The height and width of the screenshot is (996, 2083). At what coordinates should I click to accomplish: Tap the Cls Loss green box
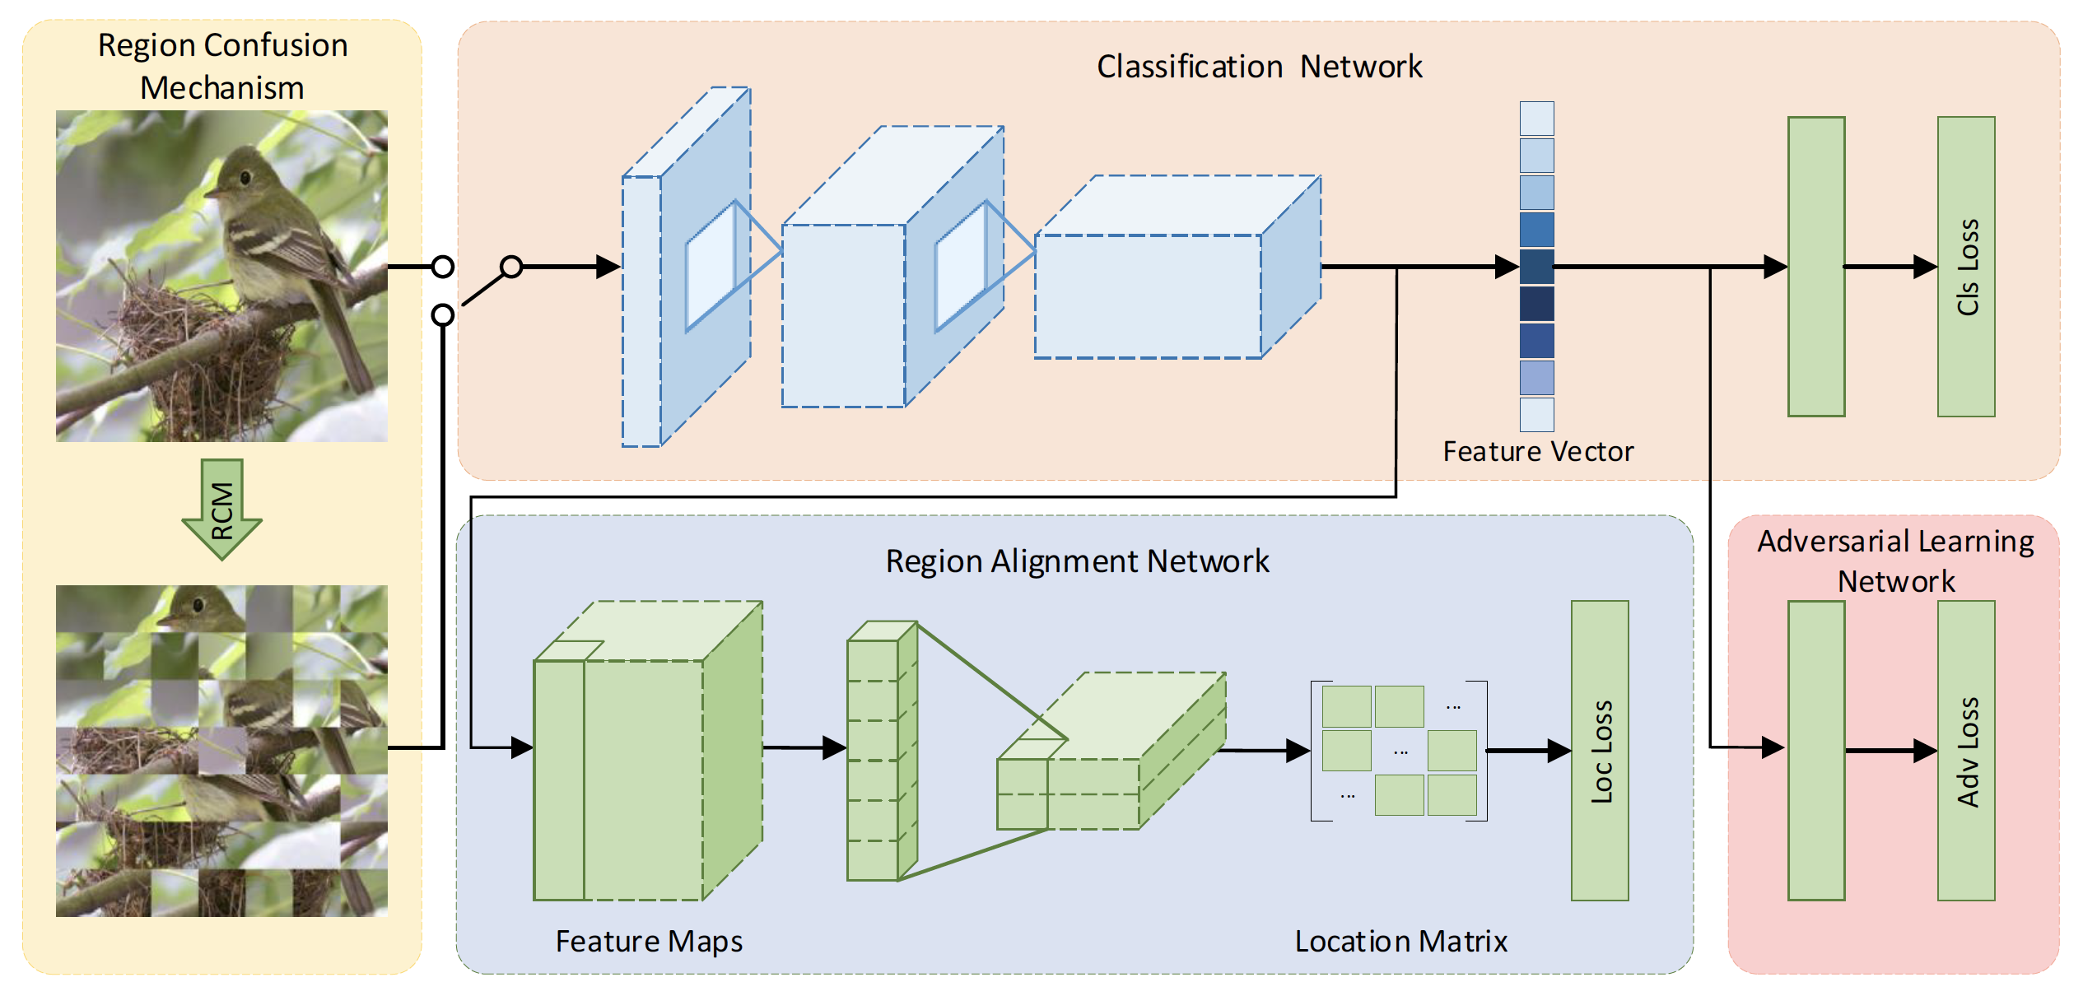(x=1966, y=267)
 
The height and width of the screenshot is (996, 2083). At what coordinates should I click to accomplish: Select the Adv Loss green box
(x=1966, y=751)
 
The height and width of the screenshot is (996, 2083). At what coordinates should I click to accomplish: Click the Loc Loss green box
(x=1600, y=751)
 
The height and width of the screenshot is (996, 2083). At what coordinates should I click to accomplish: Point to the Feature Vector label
(x=1538, y=452)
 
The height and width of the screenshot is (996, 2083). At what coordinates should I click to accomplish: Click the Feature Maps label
(x=649, y=941)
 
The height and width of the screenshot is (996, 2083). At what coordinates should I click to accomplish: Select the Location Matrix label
(x=1400, y=941)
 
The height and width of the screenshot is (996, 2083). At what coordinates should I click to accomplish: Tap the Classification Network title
(x=1259, y=67)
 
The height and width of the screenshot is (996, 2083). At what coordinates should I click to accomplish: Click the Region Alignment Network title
(x=1077, y=561)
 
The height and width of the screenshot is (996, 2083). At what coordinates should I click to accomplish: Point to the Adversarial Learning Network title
(x=1895, y=561)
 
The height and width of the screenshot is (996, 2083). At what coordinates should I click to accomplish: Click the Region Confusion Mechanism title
(x=222, y=66)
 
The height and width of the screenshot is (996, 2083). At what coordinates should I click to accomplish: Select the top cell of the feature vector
(x=1537, y=119)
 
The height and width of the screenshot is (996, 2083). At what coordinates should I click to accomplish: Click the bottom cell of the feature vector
(x=1537, y=415)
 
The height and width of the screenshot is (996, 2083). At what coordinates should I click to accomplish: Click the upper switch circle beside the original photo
(x=443, y=267)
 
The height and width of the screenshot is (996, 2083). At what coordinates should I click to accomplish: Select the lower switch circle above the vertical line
(x=443, y=314)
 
